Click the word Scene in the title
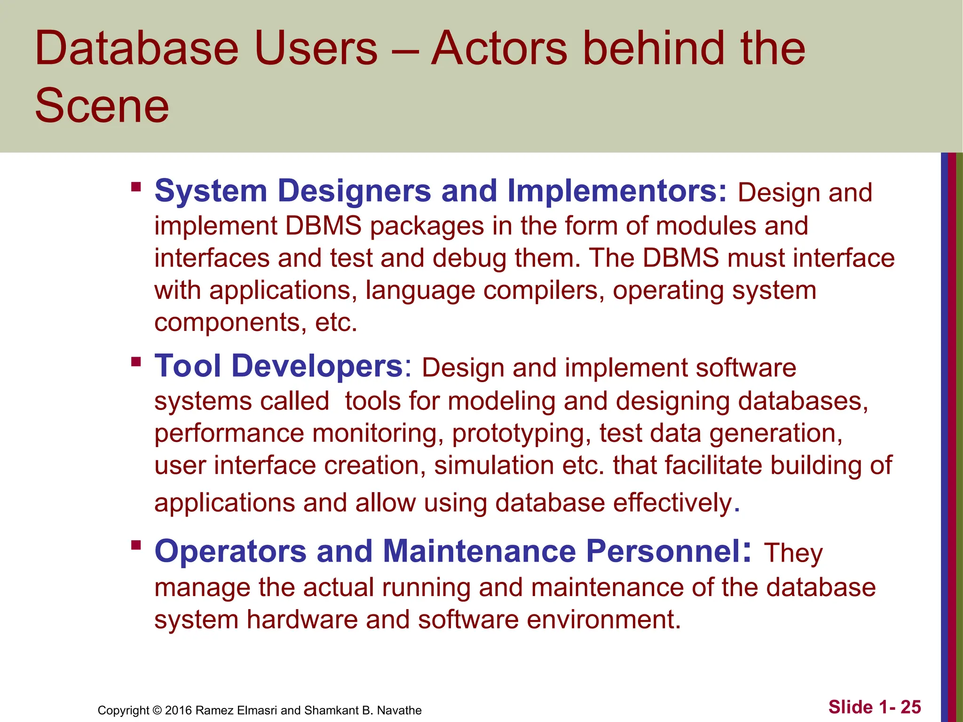[x=102, y=106]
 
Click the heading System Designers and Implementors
[x=441, y=191]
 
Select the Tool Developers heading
[x=278, y=366]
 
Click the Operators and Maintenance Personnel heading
[x=449, y=551]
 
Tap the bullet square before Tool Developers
[x=136, y=362]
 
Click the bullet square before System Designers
[x=136, y=187]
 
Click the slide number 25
[x=911, y=707]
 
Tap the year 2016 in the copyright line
[x=178, y=710]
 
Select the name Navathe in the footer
[x=399, y=710]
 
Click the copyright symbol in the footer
[x=157, y=710]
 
